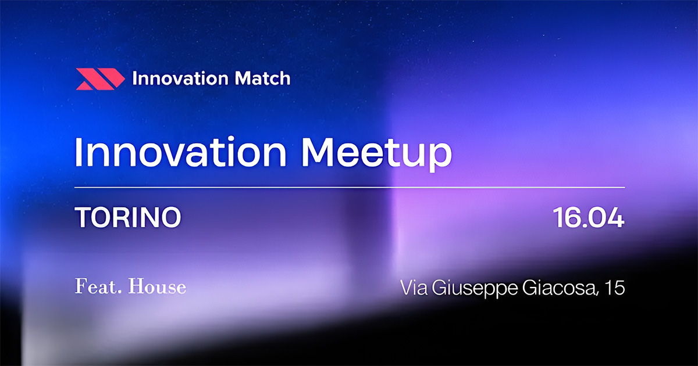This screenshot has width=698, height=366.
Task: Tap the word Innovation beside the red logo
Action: tap(182, 78)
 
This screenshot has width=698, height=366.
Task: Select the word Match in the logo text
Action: tap(263, 78)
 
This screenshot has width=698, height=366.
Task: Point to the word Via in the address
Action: tap(412, 288)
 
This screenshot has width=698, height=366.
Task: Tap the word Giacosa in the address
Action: tap(558, 288)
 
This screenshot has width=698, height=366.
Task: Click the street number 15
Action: tap(615, 288)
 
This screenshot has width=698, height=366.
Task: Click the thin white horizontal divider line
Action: tap(349, 188)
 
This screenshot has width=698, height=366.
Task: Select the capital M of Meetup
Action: tap(319, 152)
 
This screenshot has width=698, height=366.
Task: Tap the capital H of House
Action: tap(136, 287)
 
